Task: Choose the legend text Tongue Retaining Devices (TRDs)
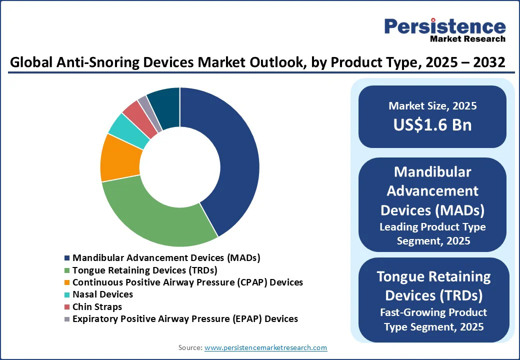144,270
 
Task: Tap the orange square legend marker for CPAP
67,282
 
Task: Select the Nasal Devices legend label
102,294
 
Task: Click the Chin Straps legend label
97,306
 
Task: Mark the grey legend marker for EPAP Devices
67,319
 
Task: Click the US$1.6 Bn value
432,124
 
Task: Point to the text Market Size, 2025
432,106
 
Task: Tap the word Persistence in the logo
444,26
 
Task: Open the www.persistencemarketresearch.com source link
265,347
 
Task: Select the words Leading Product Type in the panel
432,227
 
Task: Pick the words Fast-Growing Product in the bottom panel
433,312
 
